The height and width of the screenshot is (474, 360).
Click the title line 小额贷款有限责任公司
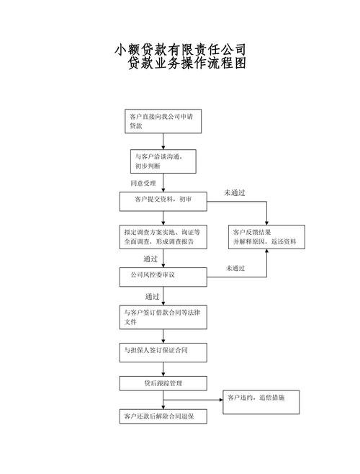[180, 49]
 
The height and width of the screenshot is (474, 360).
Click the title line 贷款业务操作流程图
[186, 63]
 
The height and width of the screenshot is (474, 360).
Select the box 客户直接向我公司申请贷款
[163, 121]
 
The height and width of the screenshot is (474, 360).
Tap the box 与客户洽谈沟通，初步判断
[163, 161]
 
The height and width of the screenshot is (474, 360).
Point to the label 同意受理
[143, 183]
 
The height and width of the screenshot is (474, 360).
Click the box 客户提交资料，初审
[163, 202]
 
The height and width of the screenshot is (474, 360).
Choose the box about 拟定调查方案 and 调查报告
[163, 237]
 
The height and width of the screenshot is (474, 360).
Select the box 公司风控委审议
[163, 277]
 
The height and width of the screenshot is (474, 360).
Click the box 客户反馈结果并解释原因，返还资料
[266, 237]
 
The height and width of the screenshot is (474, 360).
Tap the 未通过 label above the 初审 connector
[235, 192]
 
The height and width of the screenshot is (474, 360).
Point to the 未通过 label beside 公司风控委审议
[235, 268]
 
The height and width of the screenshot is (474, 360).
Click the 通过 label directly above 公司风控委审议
[150, 259]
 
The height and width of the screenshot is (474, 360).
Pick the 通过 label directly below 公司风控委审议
[152, 297]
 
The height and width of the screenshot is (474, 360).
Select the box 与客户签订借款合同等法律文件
[163, 317]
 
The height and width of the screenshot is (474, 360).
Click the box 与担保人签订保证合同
[163, 353]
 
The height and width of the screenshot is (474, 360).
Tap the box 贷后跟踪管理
[163, 384]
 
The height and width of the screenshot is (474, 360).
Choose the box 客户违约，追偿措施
[261, 403]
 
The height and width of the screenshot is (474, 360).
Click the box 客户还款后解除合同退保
[163, 416]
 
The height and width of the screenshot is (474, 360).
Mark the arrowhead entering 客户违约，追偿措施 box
[221, 400]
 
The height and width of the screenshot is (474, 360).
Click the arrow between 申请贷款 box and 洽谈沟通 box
[163, 141]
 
